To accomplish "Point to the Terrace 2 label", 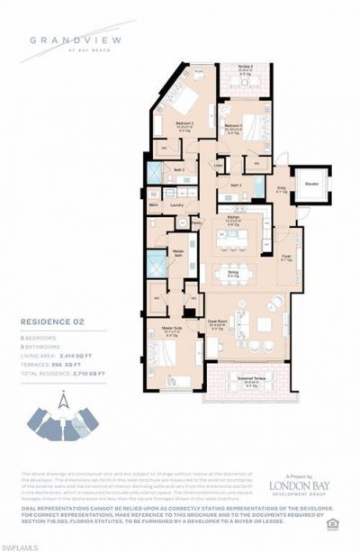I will click(244, 68).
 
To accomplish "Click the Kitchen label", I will click(232, 218).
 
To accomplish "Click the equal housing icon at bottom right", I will click(333, 522).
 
